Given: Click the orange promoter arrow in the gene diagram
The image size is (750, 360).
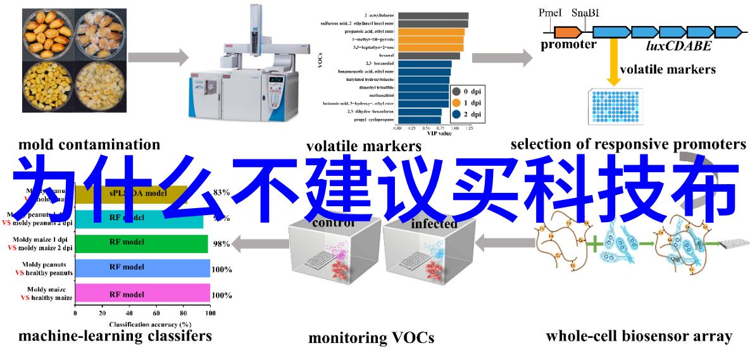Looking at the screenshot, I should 568,31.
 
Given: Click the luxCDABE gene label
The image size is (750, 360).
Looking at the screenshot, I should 678,46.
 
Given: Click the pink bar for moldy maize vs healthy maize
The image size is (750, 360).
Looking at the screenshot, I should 142,294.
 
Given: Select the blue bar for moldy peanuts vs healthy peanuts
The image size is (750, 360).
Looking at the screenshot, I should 142,268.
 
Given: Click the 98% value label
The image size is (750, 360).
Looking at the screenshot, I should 221,244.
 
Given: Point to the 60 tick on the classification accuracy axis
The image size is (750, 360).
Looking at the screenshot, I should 156,313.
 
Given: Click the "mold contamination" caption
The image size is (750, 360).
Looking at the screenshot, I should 89,145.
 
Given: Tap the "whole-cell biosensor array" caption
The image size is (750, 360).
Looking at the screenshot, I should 639,336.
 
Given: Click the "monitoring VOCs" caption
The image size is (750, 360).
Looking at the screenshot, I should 371,338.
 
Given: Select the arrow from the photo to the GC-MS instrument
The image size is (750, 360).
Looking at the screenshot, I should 158,57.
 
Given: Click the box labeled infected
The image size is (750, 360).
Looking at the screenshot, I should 430,259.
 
